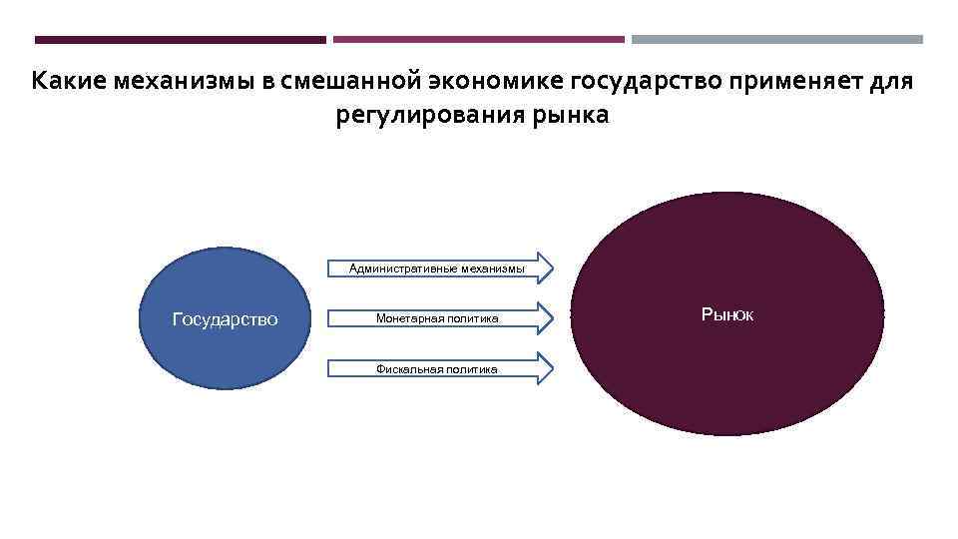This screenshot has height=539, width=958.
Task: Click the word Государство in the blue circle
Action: pyautogui.click(x=225, y=319)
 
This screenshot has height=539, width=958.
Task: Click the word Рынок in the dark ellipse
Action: pyautogui.click(x=727, y=314)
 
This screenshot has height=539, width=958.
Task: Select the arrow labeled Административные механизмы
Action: pyautogui.click(x=436, y=268)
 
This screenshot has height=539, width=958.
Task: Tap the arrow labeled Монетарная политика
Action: pyautogui.click(x=436, y=318)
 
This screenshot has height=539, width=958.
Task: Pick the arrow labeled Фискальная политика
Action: pyautogui.click(x=436, y=368)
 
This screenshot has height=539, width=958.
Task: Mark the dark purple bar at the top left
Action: pyautogui.click(x=180, y=40)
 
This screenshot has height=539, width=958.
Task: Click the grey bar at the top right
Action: pyautogui.click(x=777, y=40)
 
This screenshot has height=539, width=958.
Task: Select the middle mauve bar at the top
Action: pyautogui.click(x=479, y=40)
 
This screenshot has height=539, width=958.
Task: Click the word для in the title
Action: pyautogui.click(x=891, y=80)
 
